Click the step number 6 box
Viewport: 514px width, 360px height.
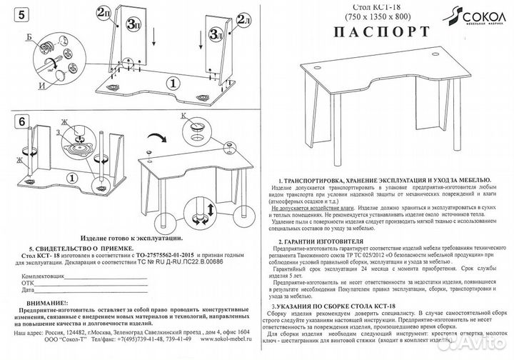[23, 122]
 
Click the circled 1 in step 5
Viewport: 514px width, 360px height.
[171, 83]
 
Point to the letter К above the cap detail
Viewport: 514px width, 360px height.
[183, 115]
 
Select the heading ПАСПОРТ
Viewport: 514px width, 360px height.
[371, 32]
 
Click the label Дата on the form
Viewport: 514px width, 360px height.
[28, 291]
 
